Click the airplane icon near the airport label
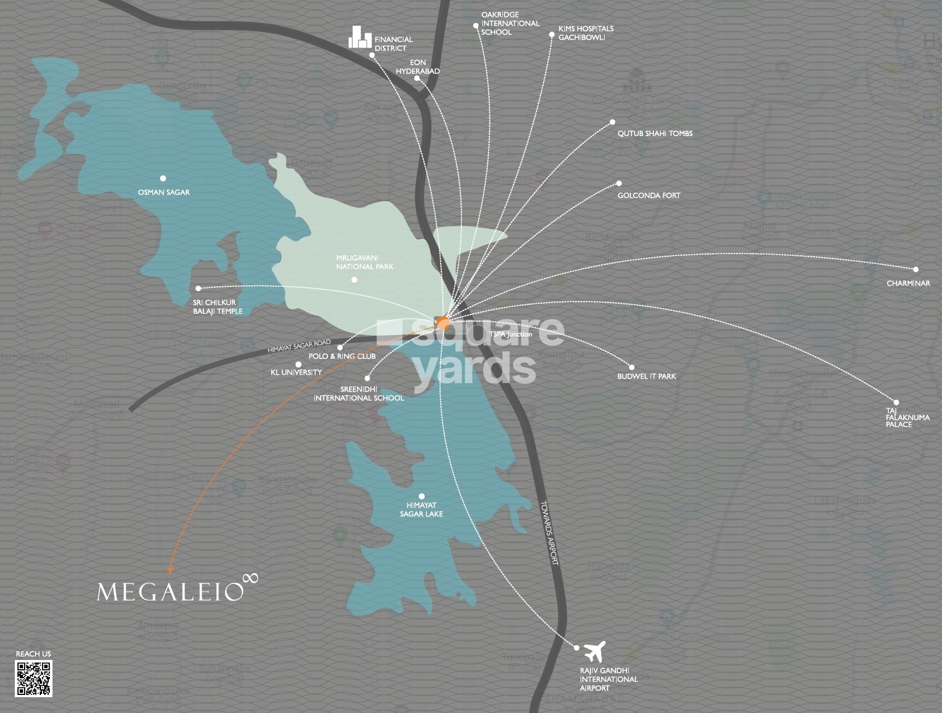click(x=594, y=651)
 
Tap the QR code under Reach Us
click(x=33, y=678)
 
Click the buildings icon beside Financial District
click(x=359, y=37)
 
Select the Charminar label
click(x=908, y=283)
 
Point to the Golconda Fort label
click(x=648, y=195)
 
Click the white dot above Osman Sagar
click(x=163, y=178)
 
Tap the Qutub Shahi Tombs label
click(x=654, y=133)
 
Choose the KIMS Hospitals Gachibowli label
click(x=586, y=33)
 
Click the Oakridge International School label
click(x=510, y=23)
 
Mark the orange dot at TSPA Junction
click(x=443, y=323)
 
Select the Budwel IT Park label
click(x=646, y=376)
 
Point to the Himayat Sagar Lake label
click(x=421, y=510)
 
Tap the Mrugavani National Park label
click(x=365, y=262)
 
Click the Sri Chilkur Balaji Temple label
click(x=217, y=307)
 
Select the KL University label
click(x=296, y=372)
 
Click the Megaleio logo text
click(x=170, y=592)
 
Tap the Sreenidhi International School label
click(x=358, y=393)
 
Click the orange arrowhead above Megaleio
click(x=170, y=570)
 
